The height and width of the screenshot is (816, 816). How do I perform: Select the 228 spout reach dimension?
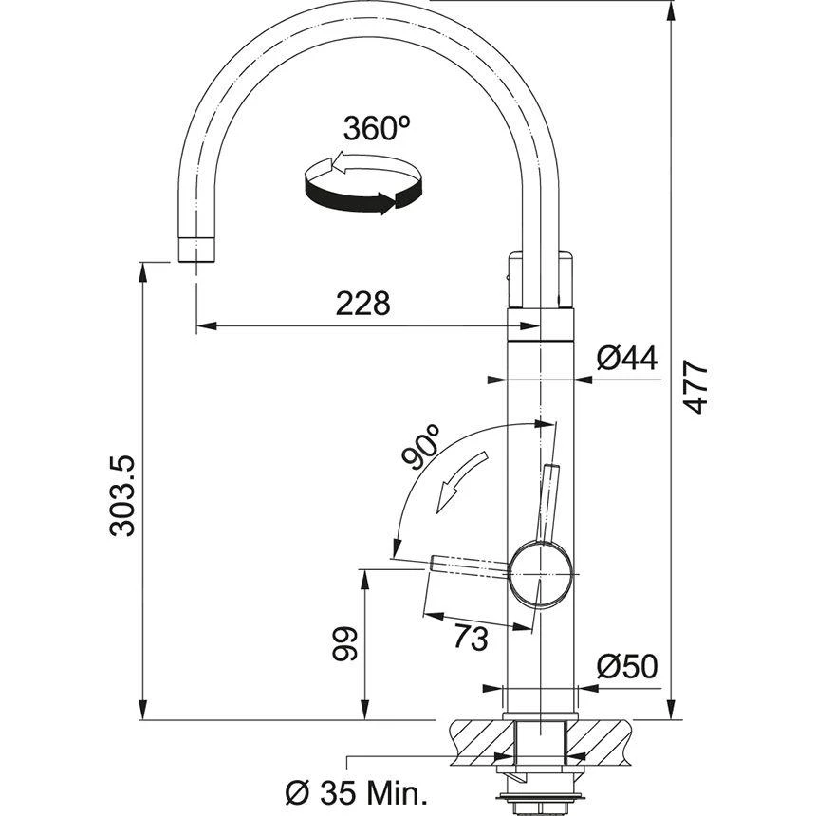point(363,304)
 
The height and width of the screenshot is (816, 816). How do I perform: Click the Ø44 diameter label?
point(627,358)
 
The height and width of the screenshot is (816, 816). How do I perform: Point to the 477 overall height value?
point(697,386)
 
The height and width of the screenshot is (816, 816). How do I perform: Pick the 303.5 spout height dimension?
point(123,495)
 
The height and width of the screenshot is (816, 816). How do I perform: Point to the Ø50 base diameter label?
point(626,667)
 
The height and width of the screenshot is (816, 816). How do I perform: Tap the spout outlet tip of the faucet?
point(196,250)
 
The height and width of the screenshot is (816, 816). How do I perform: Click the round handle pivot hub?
point(541,575)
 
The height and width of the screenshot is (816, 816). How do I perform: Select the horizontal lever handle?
point(470,566)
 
